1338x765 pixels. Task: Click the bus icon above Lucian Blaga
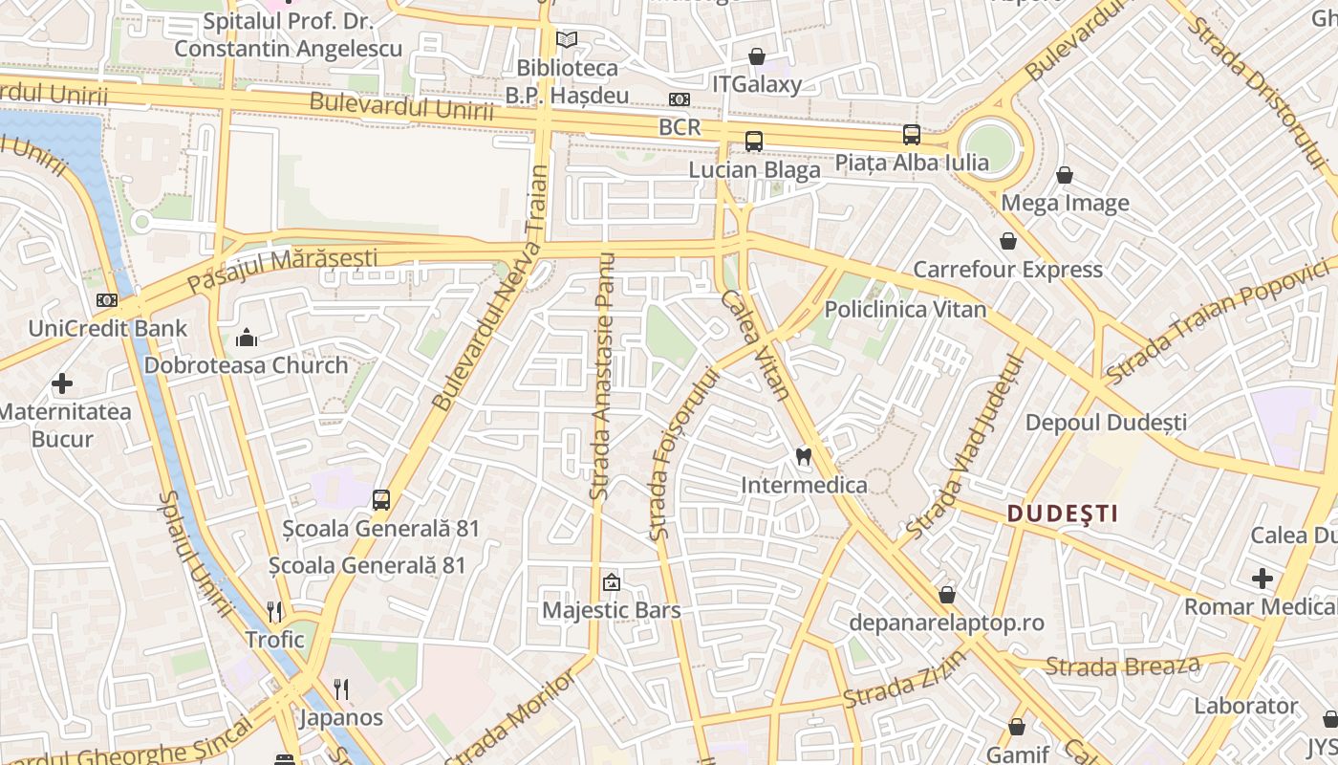click(754, 142)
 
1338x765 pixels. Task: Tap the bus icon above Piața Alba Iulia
click(912, 135)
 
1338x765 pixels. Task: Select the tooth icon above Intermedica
click(804, 457)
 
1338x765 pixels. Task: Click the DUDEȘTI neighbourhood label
click(1062, 514)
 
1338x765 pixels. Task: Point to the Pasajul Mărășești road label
click(282, 271)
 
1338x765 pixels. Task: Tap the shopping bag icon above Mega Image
click(1065, 175)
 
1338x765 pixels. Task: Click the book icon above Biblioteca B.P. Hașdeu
click(567, 40)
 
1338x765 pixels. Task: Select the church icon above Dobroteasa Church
click(247, 338)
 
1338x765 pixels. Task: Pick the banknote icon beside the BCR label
click(680, 99)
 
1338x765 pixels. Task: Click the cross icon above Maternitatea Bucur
click(62, 384)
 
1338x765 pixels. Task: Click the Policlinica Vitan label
click(905, 309)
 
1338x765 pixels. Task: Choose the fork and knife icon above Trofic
click(274, 611)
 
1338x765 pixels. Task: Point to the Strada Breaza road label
click(1122, 665)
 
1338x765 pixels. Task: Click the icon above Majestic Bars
click(611, 582)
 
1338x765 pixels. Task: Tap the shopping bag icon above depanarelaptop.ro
click(946, 595)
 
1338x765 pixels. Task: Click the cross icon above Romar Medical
click(1262, 578)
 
